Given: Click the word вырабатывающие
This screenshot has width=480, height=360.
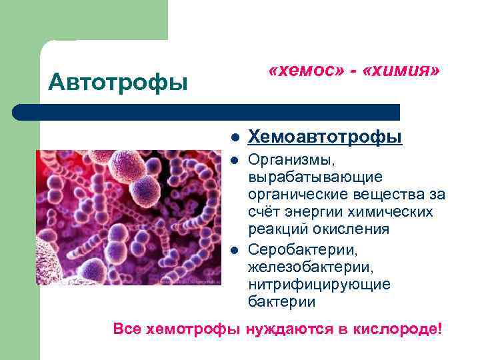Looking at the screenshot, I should tap(315, 177).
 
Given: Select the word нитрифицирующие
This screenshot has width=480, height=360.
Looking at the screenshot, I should tap(319, 284).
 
